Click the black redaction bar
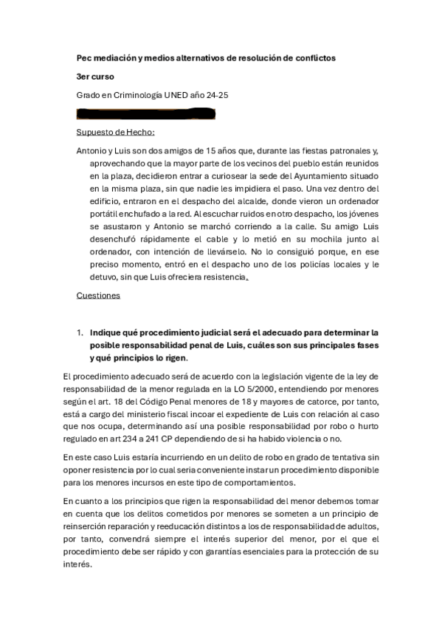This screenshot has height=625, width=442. [146, 114]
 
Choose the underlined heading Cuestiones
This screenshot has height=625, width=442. [99, 296]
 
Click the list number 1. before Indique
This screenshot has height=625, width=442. [81, 332]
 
